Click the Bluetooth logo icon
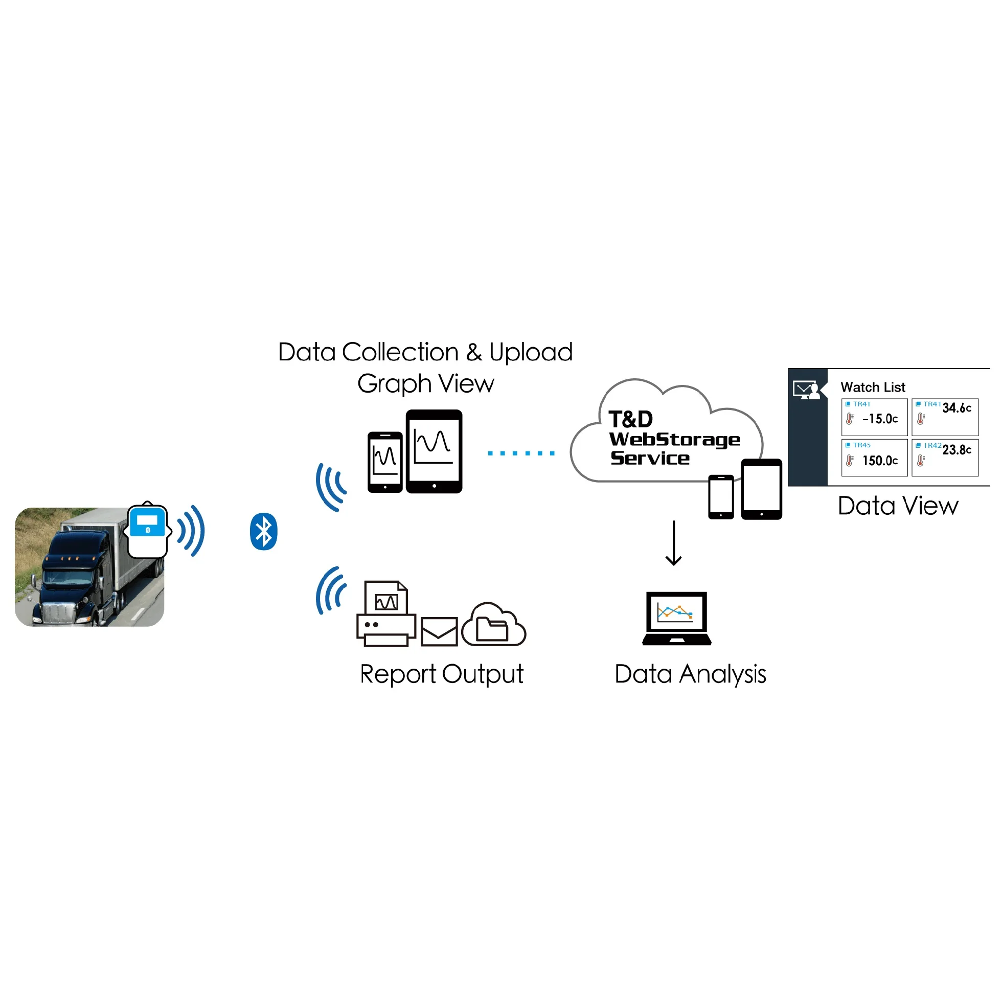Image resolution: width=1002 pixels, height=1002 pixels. point(263,532)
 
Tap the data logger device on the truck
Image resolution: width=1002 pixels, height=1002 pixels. point(148,530)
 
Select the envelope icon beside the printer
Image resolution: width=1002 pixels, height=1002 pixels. point(439,631)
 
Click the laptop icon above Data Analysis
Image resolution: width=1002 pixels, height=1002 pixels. point(677,618)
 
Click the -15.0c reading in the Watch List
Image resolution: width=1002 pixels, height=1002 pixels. point(880,419)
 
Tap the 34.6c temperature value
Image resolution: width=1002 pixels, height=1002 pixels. point(957,408)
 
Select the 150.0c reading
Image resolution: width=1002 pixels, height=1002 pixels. point(880,461)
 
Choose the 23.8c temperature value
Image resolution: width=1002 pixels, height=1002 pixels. point(957,450)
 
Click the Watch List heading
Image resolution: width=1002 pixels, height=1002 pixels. point(873,388)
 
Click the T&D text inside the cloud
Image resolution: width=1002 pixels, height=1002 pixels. point(631,419)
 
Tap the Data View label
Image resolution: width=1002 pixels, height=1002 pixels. point(898,506)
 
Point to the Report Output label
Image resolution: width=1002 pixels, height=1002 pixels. point(442,674)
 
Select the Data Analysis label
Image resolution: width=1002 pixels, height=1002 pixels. point(690,674)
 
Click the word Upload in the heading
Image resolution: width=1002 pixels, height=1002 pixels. point(531,352)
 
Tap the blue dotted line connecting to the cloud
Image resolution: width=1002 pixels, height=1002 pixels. point(521,453)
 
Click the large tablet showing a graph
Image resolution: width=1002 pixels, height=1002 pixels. point(434,451)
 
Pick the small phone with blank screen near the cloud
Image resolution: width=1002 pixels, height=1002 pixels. point(721,497)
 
